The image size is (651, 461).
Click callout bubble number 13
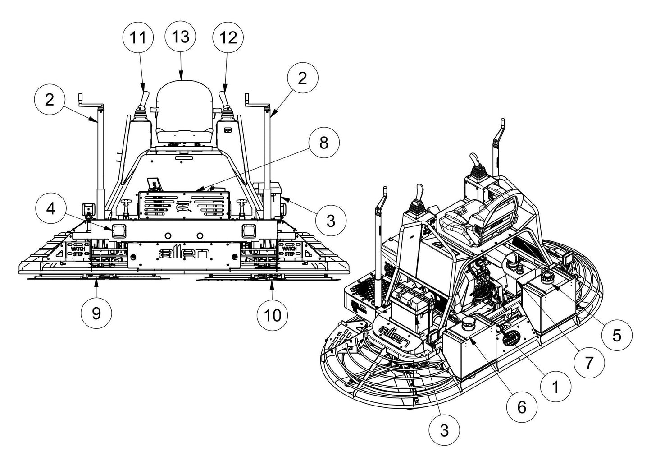click(x=181, y=37)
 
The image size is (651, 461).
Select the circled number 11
click(x=138, y=38)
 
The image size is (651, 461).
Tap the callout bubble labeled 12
click(x=228, y=38)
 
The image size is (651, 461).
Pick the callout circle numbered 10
click(x=273, y=315)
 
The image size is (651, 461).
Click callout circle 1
click(x=555, y=387)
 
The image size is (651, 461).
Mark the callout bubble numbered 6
click(x=521, y=407)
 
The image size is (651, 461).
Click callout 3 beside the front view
click(x=331, y=221)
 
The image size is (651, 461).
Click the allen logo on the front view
click(x=184, y=254)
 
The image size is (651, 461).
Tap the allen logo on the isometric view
click(x=395, y=333)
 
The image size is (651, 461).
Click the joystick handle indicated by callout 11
click(x=145, y=98)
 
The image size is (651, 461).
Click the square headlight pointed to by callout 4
click(x=119, y=231)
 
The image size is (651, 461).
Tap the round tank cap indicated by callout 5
click(x=549, y=276)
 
